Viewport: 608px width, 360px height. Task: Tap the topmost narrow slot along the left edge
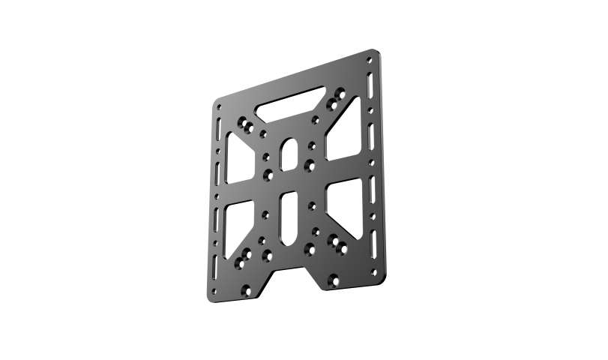click(x=216, y=124)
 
